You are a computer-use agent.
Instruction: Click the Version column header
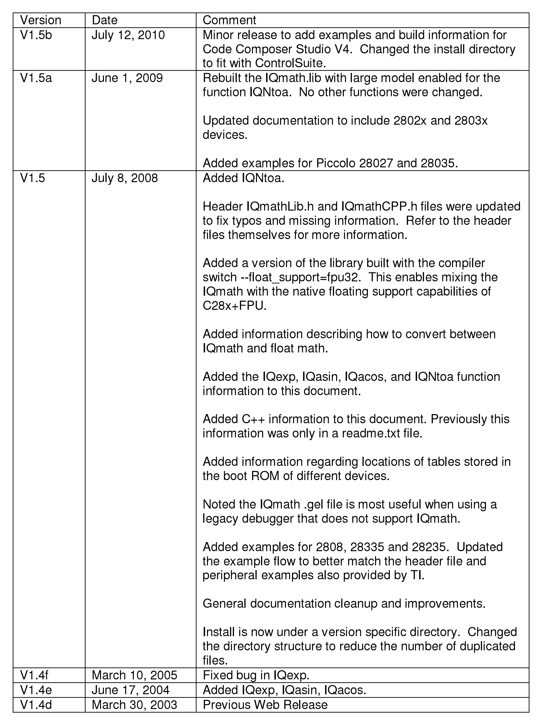(41, 20)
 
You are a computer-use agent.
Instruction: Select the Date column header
(105, 20)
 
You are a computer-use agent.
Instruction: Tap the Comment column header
(229, 20)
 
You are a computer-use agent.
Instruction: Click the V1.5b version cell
(36, 35)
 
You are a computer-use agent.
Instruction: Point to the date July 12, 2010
(128, 35)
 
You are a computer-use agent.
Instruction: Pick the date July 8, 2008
(125, 178)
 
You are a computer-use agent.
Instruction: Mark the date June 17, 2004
(130, 690)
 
